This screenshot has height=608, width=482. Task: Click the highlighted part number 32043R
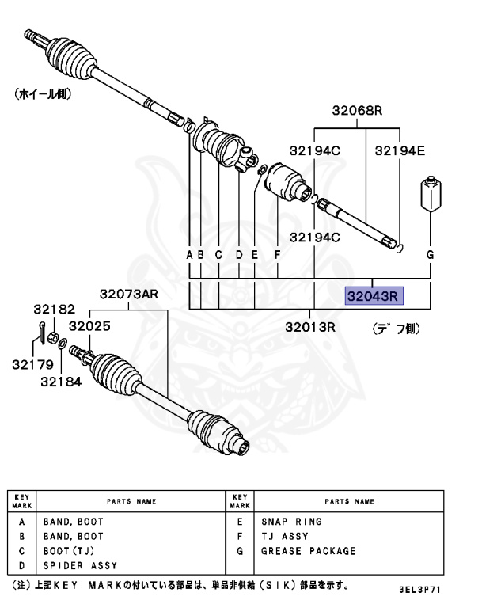tap(374, 296)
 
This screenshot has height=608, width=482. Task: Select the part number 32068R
tap(357, 111)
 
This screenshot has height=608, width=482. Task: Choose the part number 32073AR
tap(128, 294)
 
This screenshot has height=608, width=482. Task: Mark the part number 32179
tap(32, 365)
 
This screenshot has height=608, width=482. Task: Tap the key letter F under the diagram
tap(277, 255)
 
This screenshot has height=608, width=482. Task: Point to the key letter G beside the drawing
tap(431, 255)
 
